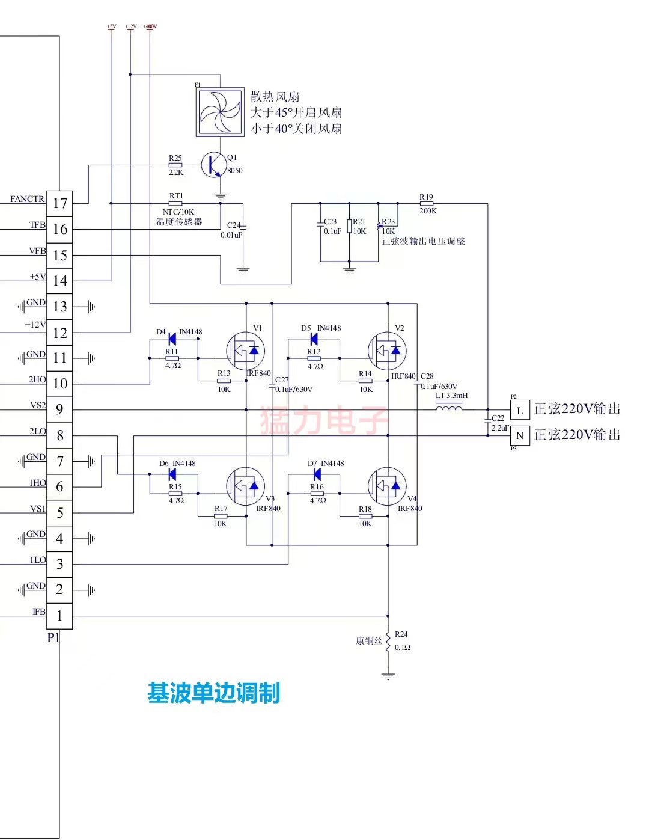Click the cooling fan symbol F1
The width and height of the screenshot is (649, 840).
(220, 112)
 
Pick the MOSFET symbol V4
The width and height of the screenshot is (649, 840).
(387, 486)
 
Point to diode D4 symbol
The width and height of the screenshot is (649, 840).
(172, 340)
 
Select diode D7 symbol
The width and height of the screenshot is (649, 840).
(316, 474)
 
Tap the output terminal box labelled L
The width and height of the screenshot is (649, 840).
(520, 410)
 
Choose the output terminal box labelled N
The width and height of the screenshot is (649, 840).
(520, 435)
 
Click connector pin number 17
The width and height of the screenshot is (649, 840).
(59, 203)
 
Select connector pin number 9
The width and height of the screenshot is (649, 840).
(59, 409)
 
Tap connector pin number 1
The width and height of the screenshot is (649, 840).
(59, 616)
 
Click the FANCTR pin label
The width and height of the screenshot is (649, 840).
(27, 199)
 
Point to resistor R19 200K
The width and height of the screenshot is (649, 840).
(428, 204)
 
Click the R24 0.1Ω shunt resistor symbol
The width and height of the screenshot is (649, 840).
(388, 641)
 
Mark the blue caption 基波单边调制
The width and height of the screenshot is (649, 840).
(213, 693)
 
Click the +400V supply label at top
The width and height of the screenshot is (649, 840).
(150, 26)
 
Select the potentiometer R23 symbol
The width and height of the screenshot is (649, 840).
(379, 227)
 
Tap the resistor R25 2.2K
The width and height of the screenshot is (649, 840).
(175, 165)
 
